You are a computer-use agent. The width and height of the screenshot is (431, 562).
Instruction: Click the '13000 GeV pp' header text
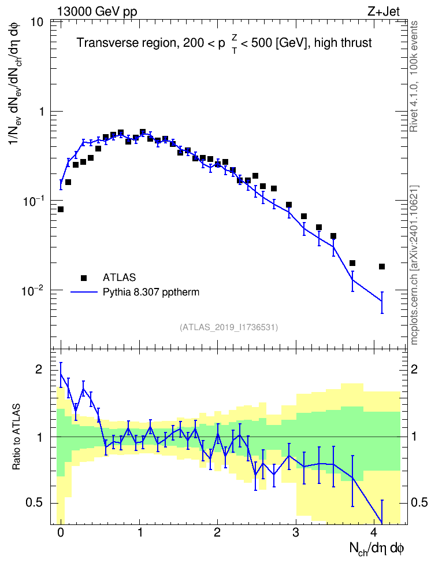97,12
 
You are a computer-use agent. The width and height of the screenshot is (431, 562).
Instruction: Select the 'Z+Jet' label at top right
384,12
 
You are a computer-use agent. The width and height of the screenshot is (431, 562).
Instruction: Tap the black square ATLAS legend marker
83,278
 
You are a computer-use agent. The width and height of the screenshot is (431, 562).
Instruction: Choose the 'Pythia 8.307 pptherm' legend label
151,292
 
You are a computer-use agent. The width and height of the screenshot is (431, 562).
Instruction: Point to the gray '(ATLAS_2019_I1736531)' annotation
229,327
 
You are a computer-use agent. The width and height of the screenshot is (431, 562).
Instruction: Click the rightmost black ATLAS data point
382,267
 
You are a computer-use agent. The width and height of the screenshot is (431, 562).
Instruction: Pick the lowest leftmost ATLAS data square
61,209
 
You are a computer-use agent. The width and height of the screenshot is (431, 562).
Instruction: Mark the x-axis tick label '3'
296,533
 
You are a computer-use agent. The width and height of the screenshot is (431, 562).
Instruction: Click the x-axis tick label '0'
61,533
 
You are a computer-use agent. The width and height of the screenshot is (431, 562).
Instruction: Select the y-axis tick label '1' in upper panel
41,112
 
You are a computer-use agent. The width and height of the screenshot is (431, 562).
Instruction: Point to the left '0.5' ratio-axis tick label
34,503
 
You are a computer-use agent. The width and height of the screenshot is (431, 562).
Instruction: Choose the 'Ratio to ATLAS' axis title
16,437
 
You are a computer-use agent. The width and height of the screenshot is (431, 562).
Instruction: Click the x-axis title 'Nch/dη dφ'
377,549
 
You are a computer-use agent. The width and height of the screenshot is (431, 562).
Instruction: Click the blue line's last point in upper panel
382,301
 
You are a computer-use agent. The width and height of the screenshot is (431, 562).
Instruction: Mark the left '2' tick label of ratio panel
39,369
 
